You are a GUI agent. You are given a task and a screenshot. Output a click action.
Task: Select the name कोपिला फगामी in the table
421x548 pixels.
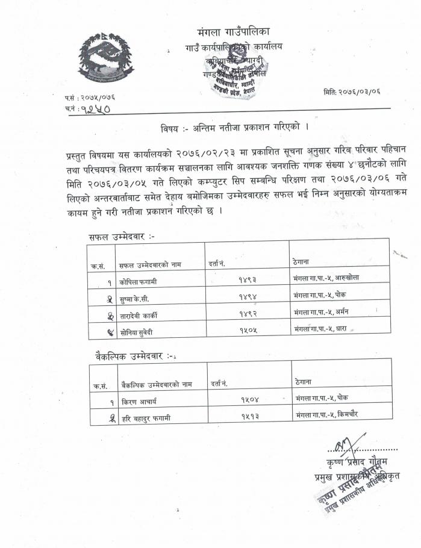[x=138, y=281]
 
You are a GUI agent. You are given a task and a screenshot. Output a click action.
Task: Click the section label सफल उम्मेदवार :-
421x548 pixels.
[x=121, y=237]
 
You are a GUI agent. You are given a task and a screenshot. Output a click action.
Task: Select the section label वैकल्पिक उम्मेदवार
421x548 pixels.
[x=129, y=355]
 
